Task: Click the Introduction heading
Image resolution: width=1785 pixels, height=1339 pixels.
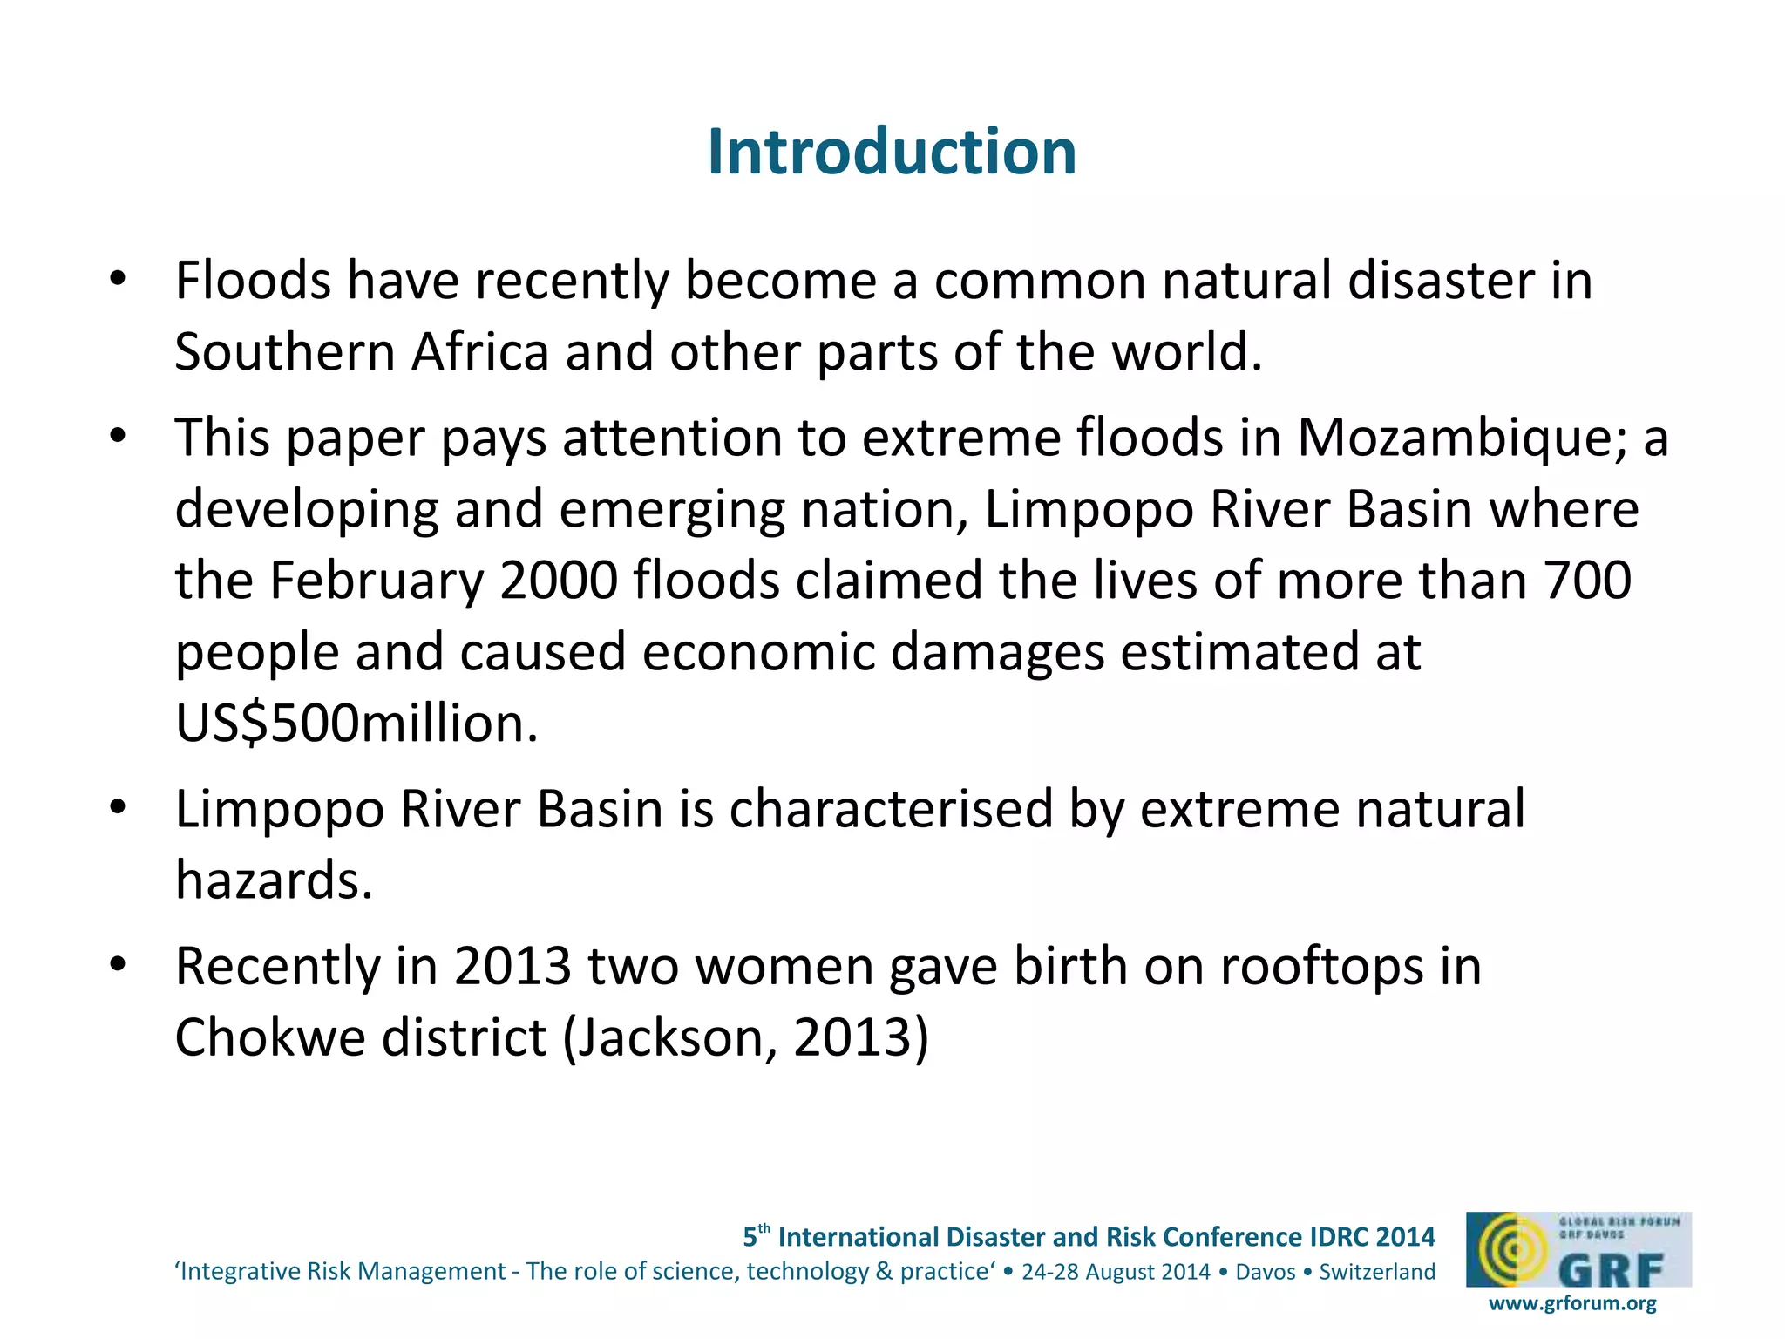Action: click(x=892, y=152)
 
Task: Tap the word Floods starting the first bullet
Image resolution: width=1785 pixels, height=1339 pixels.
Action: click(x=253, y=281)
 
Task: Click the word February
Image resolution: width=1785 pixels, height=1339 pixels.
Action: click(x=377, y=581)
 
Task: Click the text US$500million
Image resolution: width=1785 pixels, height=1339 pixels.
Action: click(x=356, y=724)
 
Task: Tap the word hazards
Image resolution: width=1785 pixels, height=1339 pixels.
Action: click(x=274, y=880)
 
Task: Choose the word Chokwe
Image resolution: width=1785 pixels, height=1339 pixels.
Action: click(x=270, y=1037)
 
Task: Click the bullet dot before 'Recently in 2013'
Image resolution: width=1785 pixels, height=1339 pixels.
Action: click(x=119, y=965)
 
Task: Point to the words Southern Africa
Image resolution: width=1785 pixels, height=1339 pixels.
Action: click(x=361, y=352)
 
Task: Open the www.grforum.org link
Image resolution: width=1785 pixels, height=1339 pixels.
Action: click(x=1572, y=1303)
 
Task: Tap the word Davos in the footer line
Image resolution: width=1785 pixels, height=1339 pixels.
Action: click(x=1266, y=1272)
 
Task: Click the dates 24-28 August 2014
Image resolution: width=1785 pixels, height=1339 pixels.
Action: click(x=1116, y=1272)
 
